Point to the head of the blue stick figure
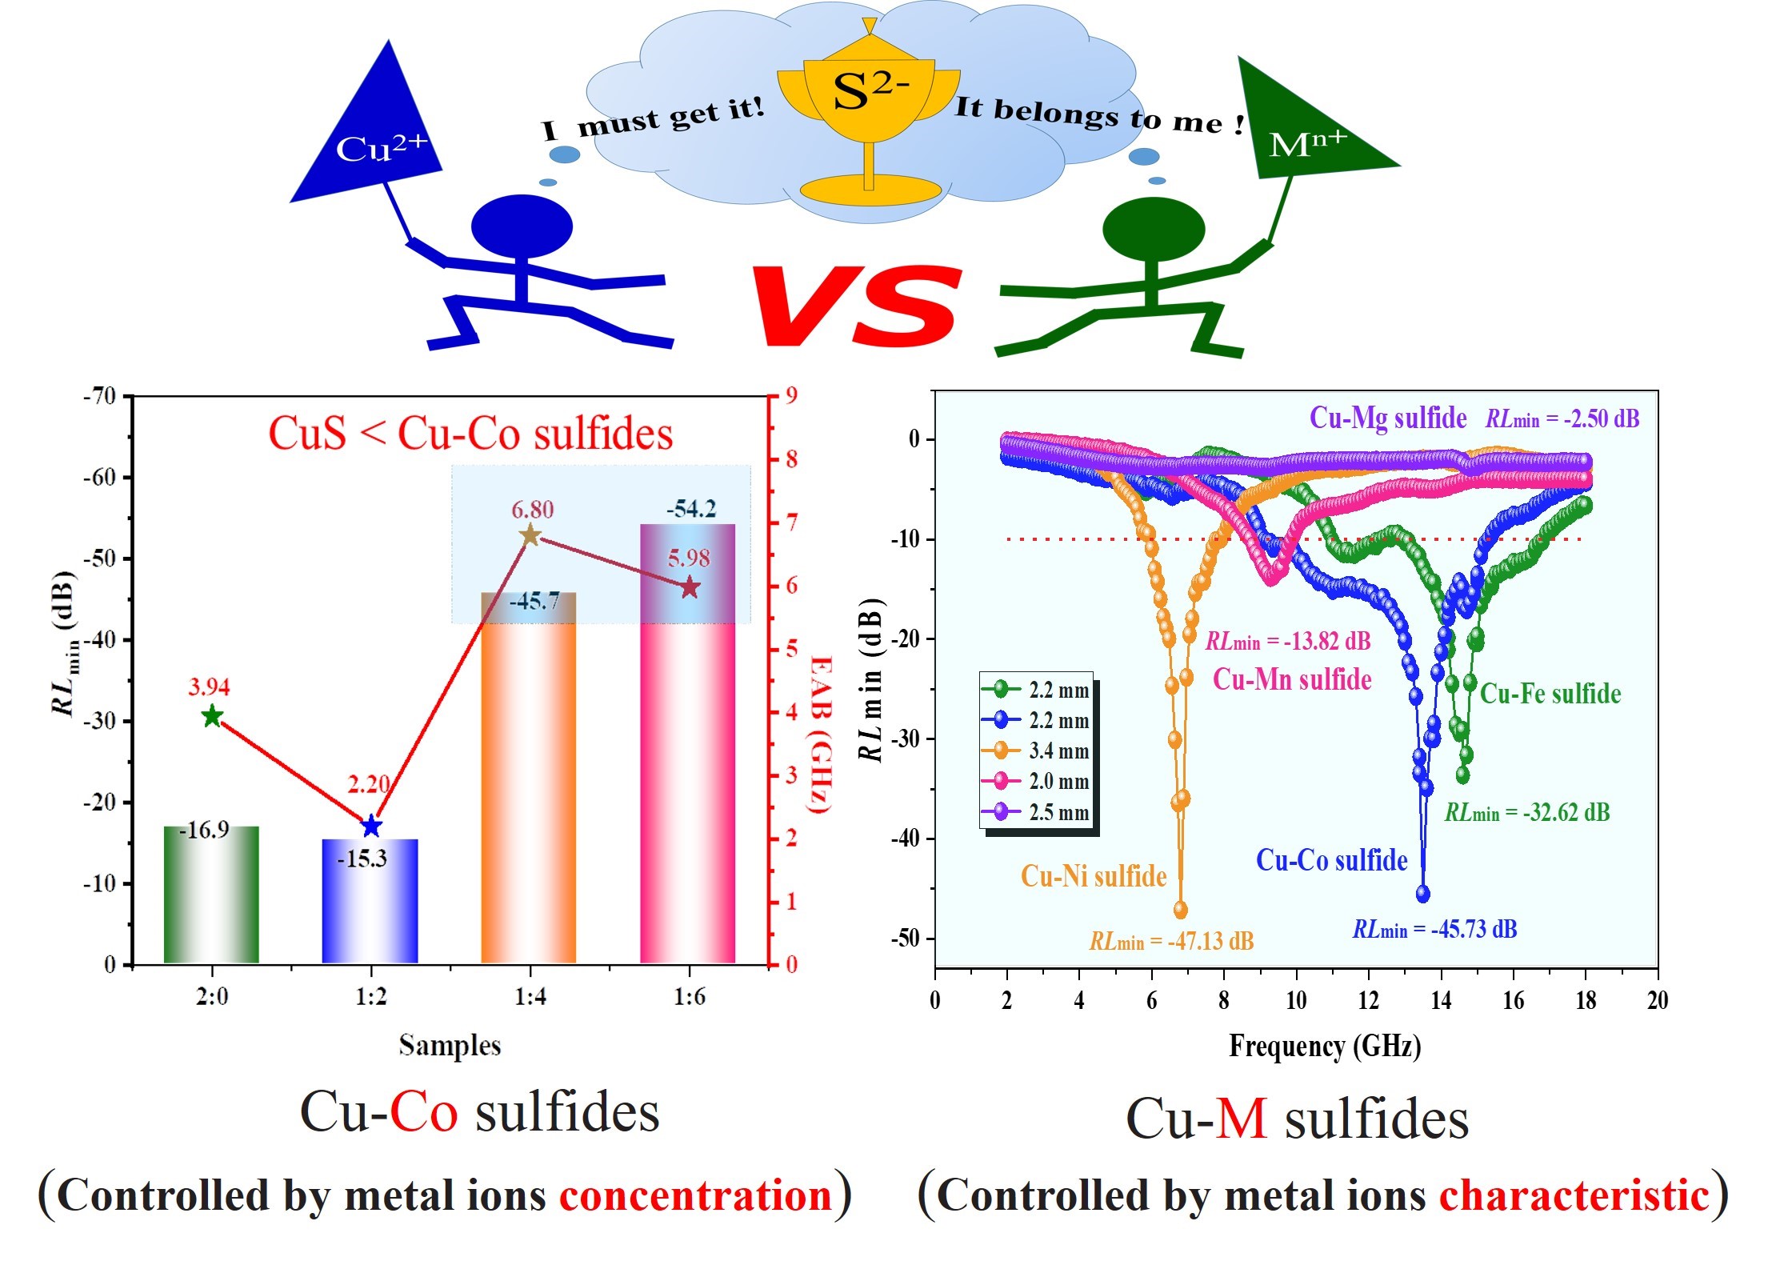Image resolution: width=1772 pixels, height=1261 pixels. point(522,226)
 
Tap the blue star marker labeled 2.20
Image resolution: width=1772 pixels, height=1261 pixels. point(371,826)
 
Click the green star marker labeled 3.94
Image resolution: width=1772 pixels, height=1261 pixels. point(212,716)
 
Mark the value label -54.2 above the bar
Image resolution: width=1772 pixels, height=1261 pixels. point(691,509)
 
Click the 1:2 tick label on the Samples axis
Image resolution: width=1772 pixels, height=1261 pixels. point(371,997)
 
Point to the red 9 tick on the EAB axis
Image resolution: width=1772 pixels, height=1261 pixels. point(791,395)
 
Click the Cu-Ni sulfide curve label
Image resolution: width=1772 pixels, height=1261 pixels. point(1094,876)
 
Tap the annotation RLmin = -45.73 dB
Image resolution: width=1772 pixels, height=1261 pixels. point(1434,930)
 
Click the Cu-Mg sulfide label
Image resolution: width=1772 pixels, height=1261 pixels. point(1387,418)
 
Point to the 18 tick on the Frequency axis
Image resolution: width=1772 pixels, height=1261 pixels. point(1586,1000)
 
